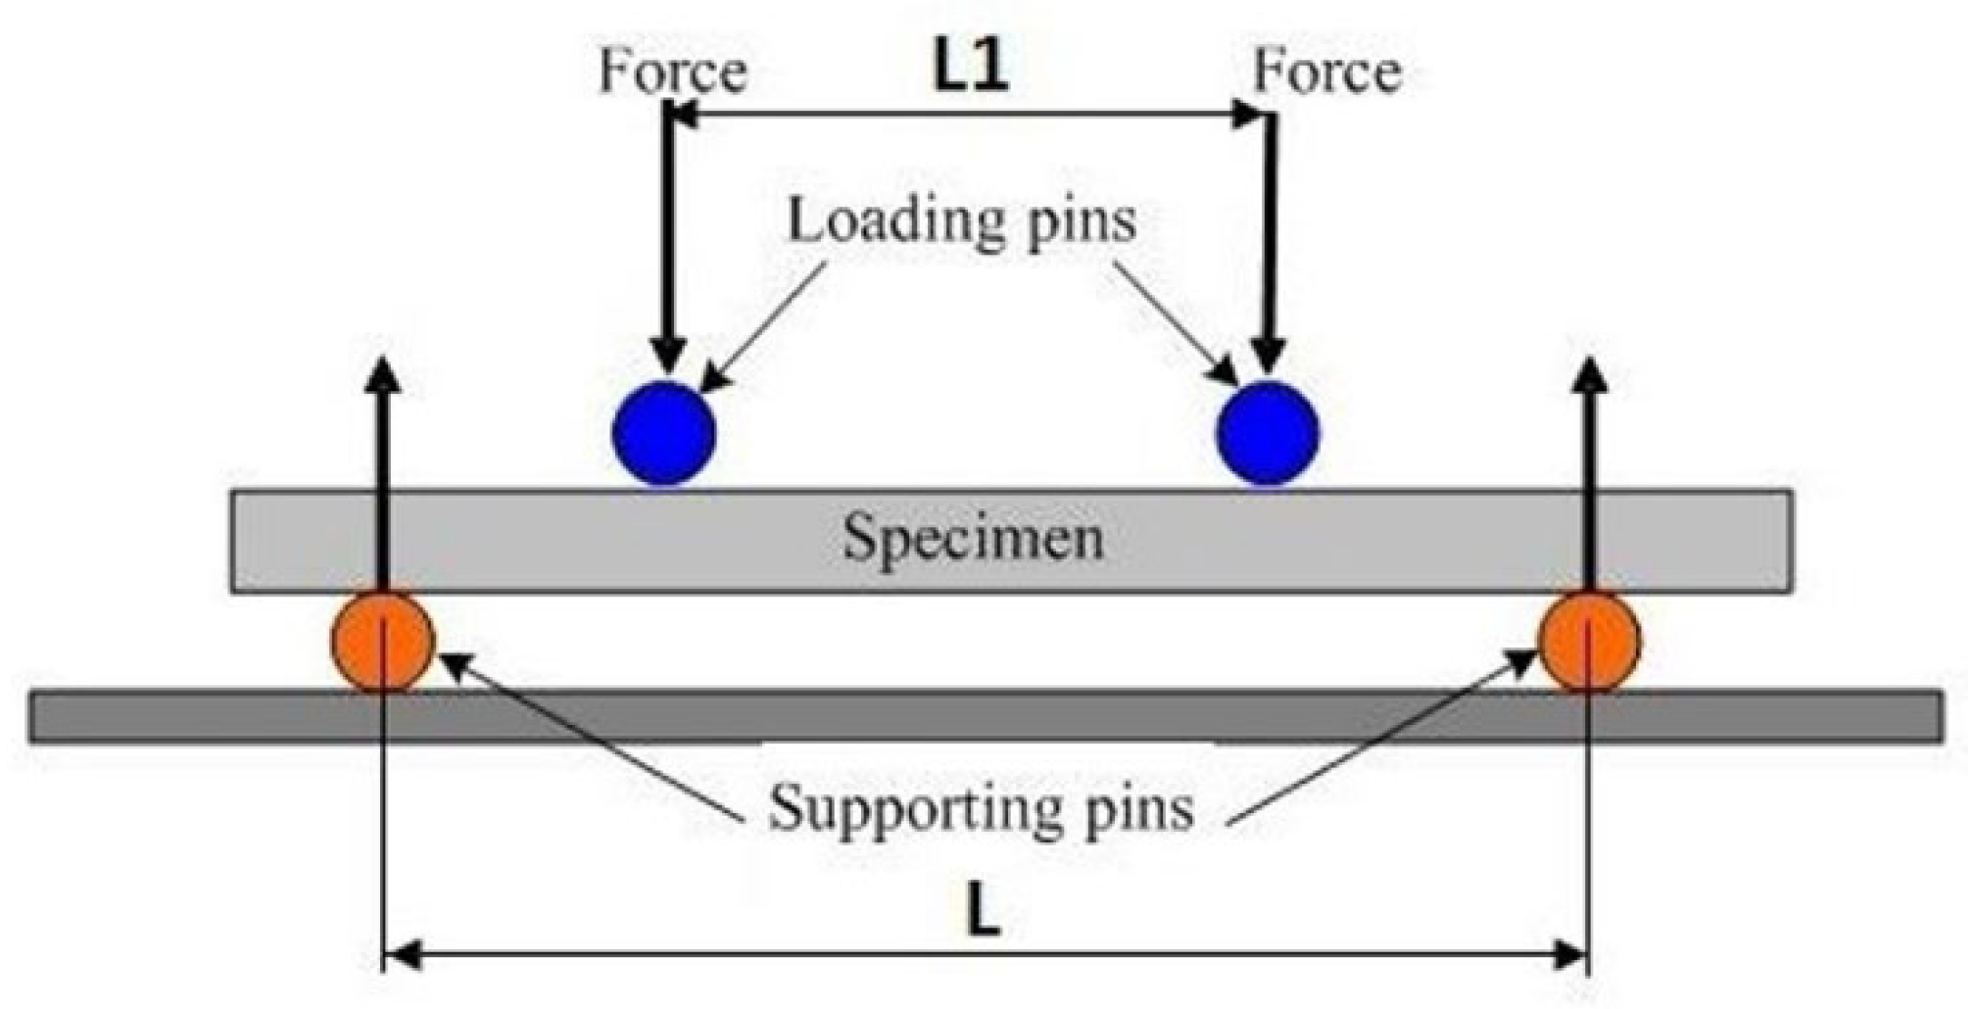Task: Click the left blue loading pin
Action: point(664,433)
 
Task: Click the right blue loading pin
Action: point(1268,433)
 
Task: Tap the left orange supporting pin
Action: point(382,642)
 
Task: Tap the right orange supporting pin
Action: point(1589,642)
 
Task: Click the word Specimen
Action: point(973,539)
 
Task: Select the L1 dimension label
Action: point(970,69)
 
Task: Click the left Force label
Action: point(673,72)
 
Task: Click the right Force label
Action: point(1327,72)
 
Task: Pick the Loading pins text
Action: point(962,221)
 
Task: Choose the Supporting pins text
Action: point(981,809)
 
